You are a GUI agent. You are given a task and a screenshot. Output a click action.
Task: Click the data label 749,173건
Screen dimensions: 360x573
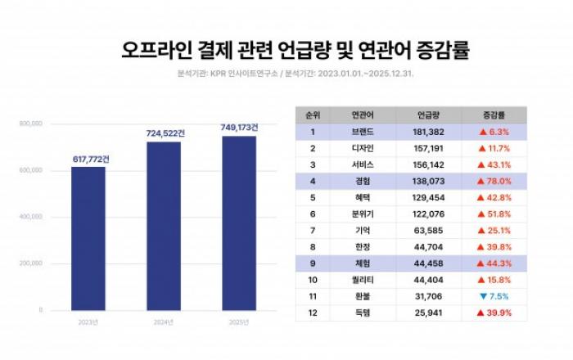point(239,128)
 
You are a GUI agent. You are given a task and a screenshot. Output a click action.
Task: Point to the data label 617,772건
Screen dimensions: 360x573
point(88,158)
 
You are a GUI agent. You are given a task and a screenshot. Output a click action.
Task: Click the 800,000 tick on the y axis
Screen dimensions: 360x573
point(30,124)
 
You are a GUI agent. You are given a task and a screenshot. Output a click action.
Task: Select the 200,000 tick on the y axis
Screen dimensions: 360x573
point(30,264)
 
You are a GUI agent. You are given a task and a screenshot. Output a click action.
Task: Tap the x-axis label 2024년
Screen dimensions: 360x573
point(163,322)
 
